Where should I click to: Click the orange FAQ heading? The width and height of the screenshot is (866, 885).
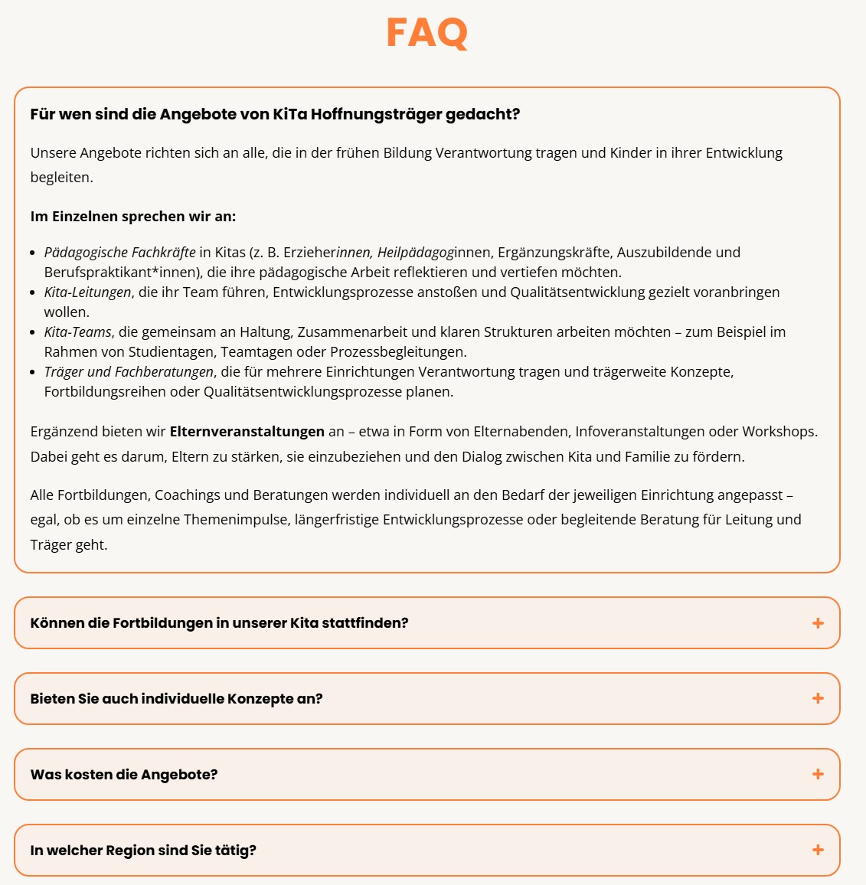point(426,33)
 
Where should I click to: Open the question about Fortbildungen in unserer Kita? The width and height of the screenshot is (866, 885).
point(219,623)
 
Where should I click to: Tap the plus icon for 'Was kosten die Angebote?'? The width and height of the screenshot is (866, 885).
point(818,774)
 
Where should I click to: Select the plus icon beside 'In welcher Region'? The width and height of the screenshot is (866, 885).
point(818,850)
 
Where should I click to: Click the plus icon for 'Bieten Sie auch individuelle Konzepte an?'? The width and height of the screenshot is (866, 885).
point(818,698)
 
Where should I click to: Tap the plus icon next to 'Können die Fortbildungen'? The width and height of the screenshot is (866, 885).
point(818,623)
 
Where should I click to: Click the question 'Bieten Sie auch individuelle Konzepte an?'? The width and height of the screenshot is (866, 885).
point(176,699)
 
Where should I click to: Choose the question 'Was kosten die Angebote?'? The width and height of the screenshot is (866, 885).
point(124,775)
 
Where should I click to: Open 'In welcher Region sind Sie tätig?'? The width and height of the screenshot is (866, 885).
point(143,851)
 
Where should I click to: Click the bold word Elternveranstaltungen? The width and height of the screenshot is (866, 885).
point(247,432)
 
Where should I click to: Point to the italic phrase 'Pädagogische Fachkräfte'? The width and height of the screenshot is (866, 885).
point(119,253)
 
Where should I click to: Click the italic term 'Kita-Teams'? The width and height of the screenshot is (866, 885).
point(77,332)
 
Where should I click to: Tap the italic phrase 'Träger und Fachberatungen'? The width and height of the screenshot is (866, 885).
point(129,372)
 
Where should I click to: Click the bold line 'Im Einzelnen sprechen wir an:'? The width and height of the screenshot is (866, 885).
point(133,217)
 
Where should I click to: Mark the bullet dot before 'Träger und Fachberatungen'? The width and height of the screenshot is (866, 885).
point(34,372)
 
